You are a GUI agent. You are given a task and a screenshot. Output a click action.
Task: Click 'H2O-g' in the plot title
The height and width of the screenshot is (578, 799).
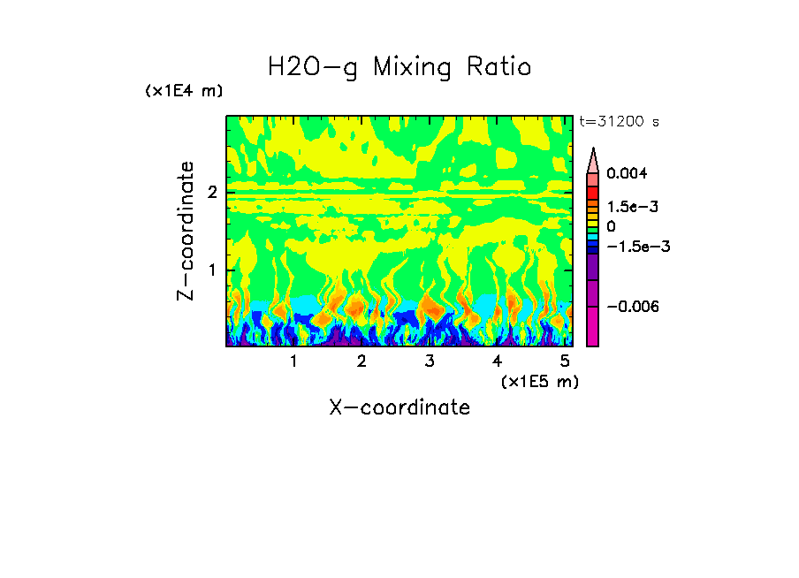(312, 67)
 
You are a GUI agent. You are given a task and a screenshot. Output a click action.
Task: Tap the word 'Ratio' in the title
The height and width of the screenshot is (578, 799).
(500, 66)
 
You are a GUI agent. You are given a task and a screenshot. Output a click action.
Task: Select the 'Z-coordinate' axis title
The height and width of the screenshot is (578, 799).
(186, 231)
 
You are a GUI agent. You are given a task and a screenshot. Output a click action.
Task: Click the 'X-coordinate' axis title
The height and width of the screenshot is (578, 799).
(399, 407)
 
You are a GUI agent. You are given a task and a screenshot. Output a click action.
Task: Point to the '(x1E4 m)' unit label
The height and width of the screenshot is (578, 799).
(184, 91)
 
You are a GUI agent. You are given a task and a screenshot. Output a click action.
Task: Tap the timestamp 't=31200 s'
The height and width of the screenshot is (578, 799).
(619, 121)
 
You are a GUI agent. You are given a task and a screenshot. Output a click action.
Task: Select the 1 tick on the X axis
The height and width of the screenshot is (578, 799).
(293, 361)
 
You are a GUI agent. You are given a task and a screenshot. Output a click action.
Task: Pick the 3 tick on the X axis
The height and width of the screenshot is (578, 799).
(429, 361)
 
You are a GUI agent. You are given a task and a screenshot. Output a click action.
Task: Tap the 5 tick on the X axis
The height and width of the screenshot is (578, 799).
(565, 361)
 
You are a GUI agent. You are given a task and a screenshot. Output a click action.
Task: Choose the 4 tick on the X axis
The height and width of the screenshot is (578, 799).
(497, 361)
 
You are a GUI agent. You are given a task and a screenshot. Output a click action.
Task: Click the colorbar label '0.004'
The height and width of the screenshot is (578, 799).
(627, 174)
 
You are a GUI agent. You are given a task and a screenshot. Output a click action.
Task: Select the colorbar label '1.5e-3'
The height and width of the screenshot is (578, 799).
(627, 206)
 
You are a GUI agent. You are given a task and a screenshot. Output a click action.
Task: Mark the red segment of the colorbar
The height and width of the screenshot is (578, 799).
(593, 192)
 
